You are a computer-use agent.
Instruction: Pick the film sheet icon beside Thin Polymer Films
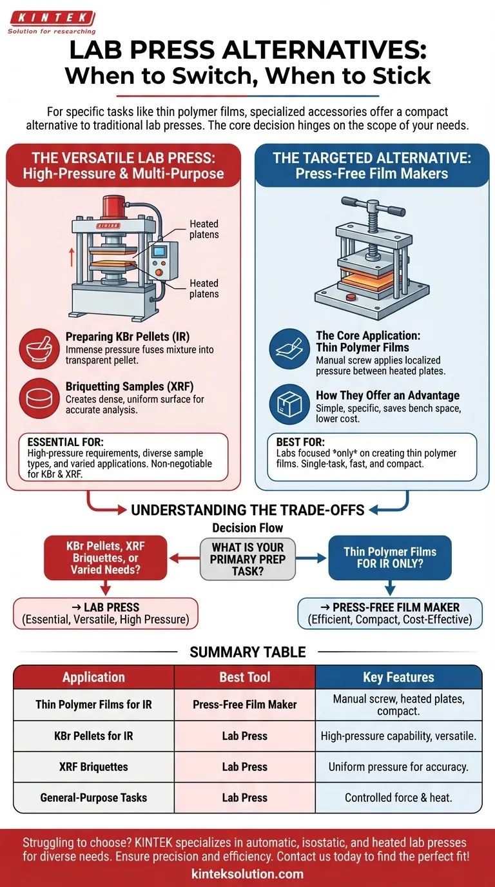pyautogui.click(x=289, y=349)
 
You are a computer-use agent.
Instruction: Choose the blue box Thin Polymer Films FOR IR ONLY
pyautogui.click(x=389, y=558)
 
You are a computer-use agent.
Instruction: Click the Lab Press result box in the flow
pyautogui.click(x=106, y=613)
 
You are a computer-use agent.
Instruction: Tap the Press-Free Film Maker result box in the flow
pyautogui.click(x=389, y=613)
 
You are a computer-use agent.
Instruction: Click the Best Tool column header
pyautogui.click(x=245, y=677)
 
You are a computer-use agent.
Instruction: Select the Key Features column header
pyautogui.click(x=398, y=677)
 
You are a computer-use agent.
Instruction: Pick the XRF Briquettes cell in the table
pyautogui.click(x=93, y=767)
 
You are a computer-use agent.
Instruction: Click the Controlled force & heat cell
pyautogui.click(x=398, y=797)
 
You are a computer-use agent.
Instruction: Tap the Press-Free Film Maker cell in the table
pyautogui.click(x=245, y=705)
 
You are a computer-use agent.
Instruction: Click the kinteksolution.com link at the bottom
pyautogui.click(x=247, y=874)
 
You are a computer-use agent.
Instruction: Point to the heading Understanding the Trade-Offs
pyautogui.click(x=247, y=510)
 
